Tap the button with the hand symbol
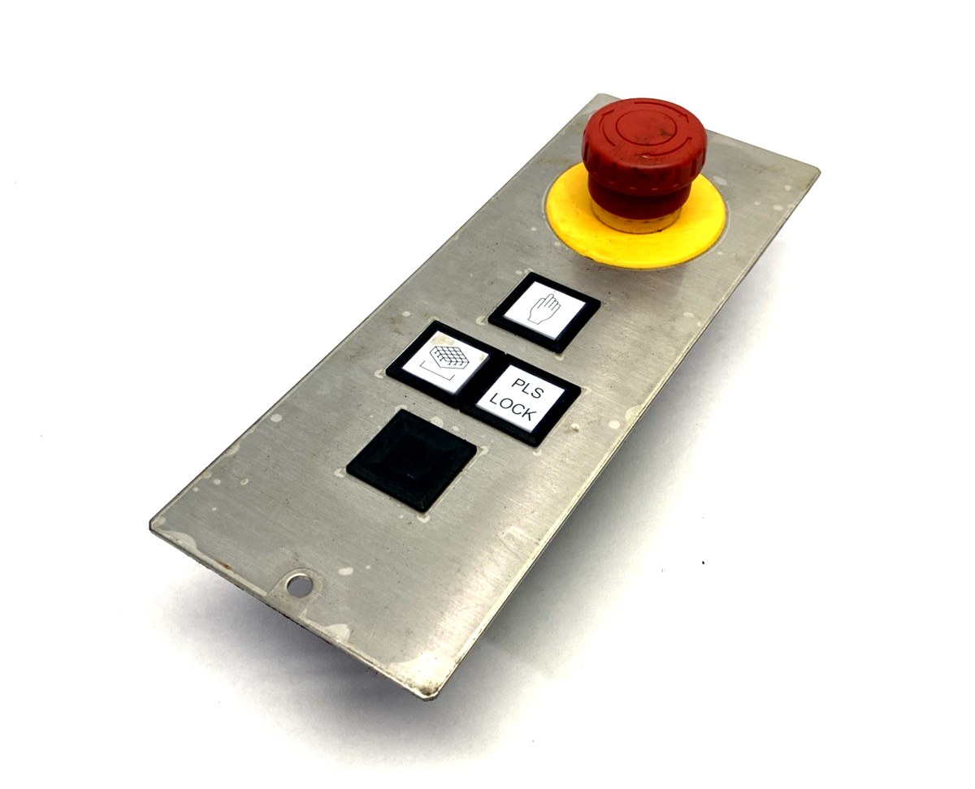coord(544,312)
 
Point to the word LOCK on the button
coord(512,407)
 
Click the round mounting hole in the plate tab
coord(299,585)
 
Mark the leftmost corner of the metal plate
coord(150,524)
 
